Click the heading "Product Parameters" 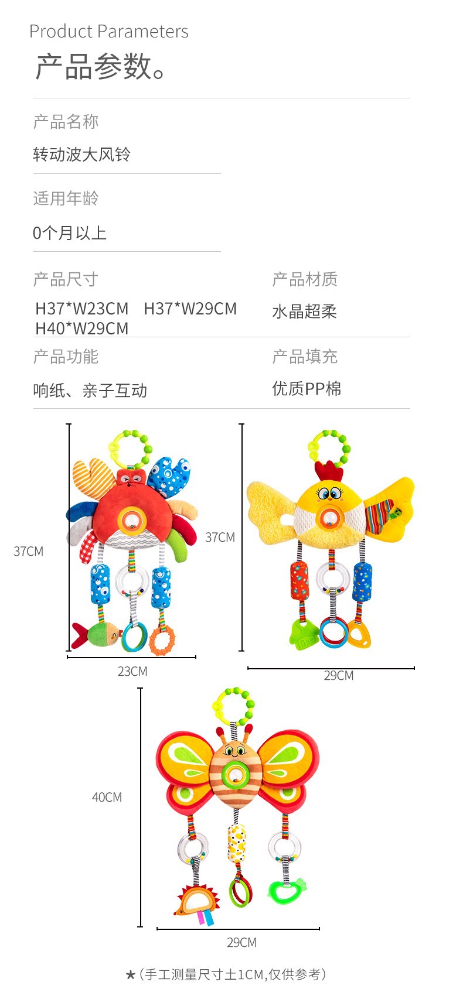(x=109, y=32)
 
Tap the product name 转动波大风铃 (x=81, y=155)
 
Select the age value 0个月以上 (x=70, y=233)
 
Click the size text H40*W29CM (x=82, y=329)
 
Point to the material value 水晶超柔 (x=304, y=312)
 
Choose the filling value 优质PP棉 (x=307, y=389)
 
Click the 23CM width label (x=132, y=672)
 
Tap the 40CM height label (x=107, y=797)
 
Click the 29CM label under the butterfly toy (x=241, y=942)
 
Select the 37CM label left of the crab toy (x=28, y=551)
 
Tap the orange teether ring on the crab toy (x=162, y=639)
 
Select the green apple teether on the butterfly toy (x=287, y=890)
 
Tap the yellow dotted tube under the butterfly (x=237, y=843)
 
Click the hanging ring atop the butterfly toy (x=233, y=707)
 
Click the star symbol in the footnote (x=131, y=975)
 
